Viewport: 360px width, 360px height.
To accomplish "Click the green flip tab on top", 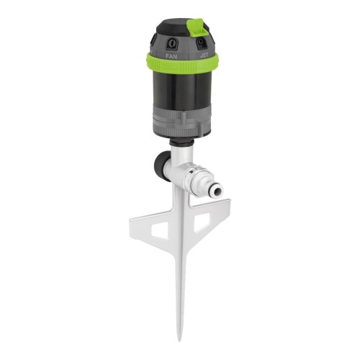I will [195, 28].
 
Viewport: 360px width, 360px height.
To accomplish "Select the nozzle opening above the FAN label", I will [170, 39].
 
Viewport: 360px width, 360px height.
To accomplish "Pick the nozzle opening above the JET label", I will [202, 42].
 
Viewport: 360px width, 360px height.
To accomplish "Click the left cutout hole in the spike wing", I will [159, 229].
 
